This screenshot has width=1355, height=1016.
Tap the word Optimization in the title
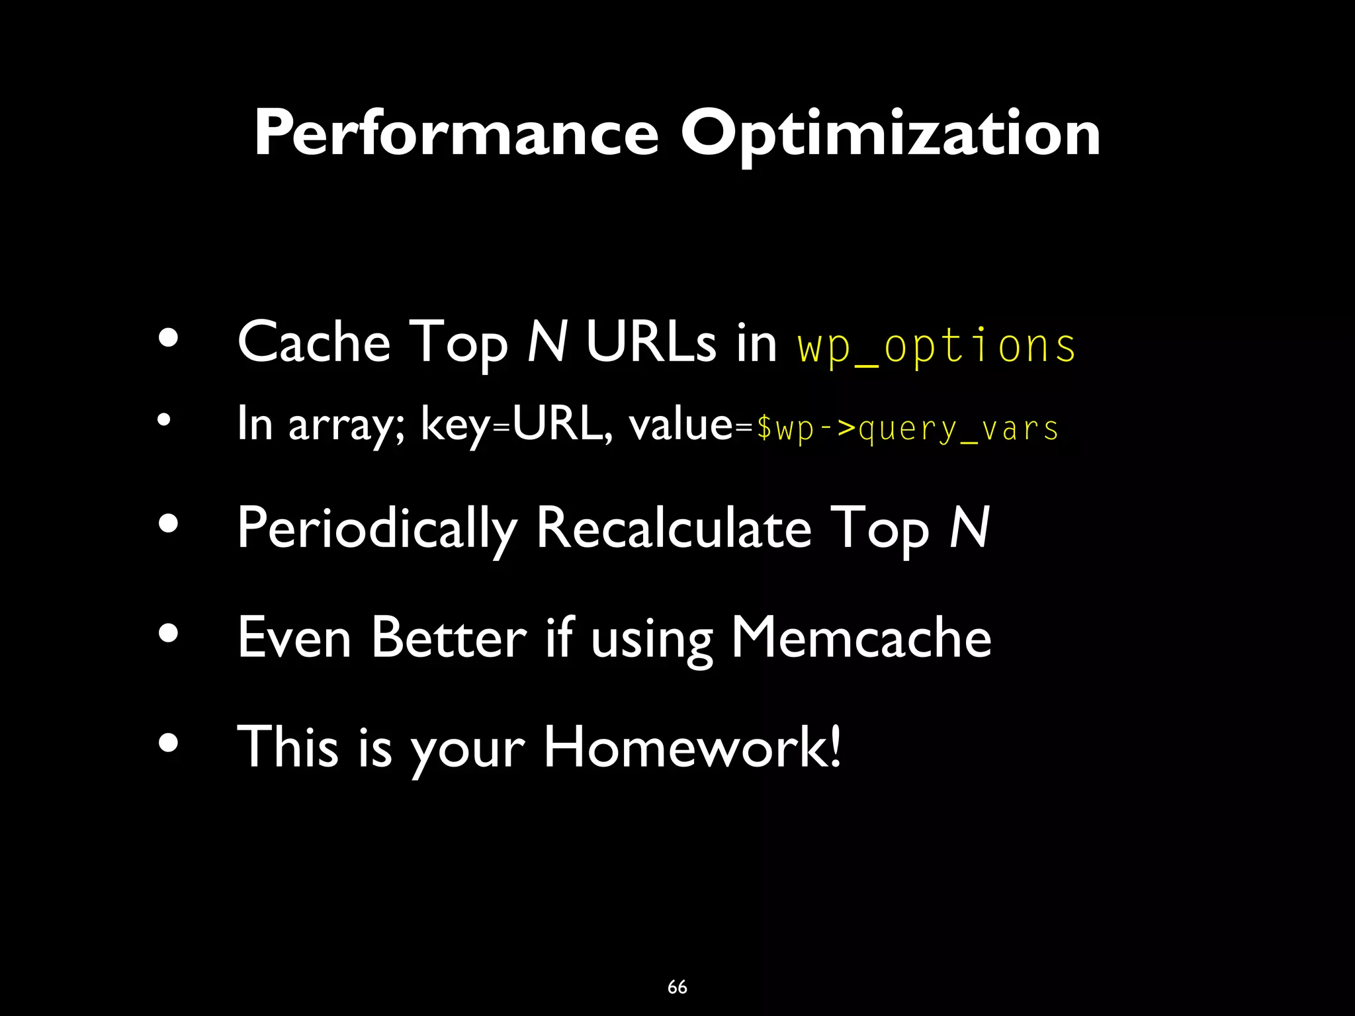pyautogui.click(x=891, y=134)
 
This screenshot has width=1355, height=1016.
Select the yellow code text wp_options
pyautogui.click(x=937, y=345)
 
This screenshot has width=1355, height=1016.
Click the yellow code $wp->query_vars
pyautogui.click(x=907, y=428)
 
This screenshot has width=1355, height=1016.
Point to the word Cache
pyautogui.click(x=314, y=342)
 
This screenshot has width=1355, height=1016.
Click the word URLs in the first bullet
pyautogui.click(x=650, y=342)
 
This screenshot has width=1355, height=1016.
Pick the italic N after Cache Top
pyautogui.click(x=547, y=342)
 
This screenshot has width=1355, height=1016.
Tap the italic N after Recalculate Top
pyautogui.click(x=969, y=528)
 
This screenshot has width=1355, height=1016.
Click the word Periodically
pyautogui.click(x=376, y=529)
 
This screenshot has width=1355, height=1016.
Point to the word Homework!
pyautogui.click(x=692, y=747)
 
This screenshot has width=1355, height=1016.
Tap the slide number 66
pyautogui.click(x=677, y=987)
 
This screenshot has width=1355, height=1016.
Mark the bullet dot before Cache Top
pyautogui.click(x=169, y=339)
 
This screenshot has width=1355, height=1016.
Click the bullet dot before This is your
pyautogui.click(x=169, y=743)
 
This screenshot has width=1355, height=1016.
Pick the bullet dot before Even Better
pyautogui.click(x=169, y=634)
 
